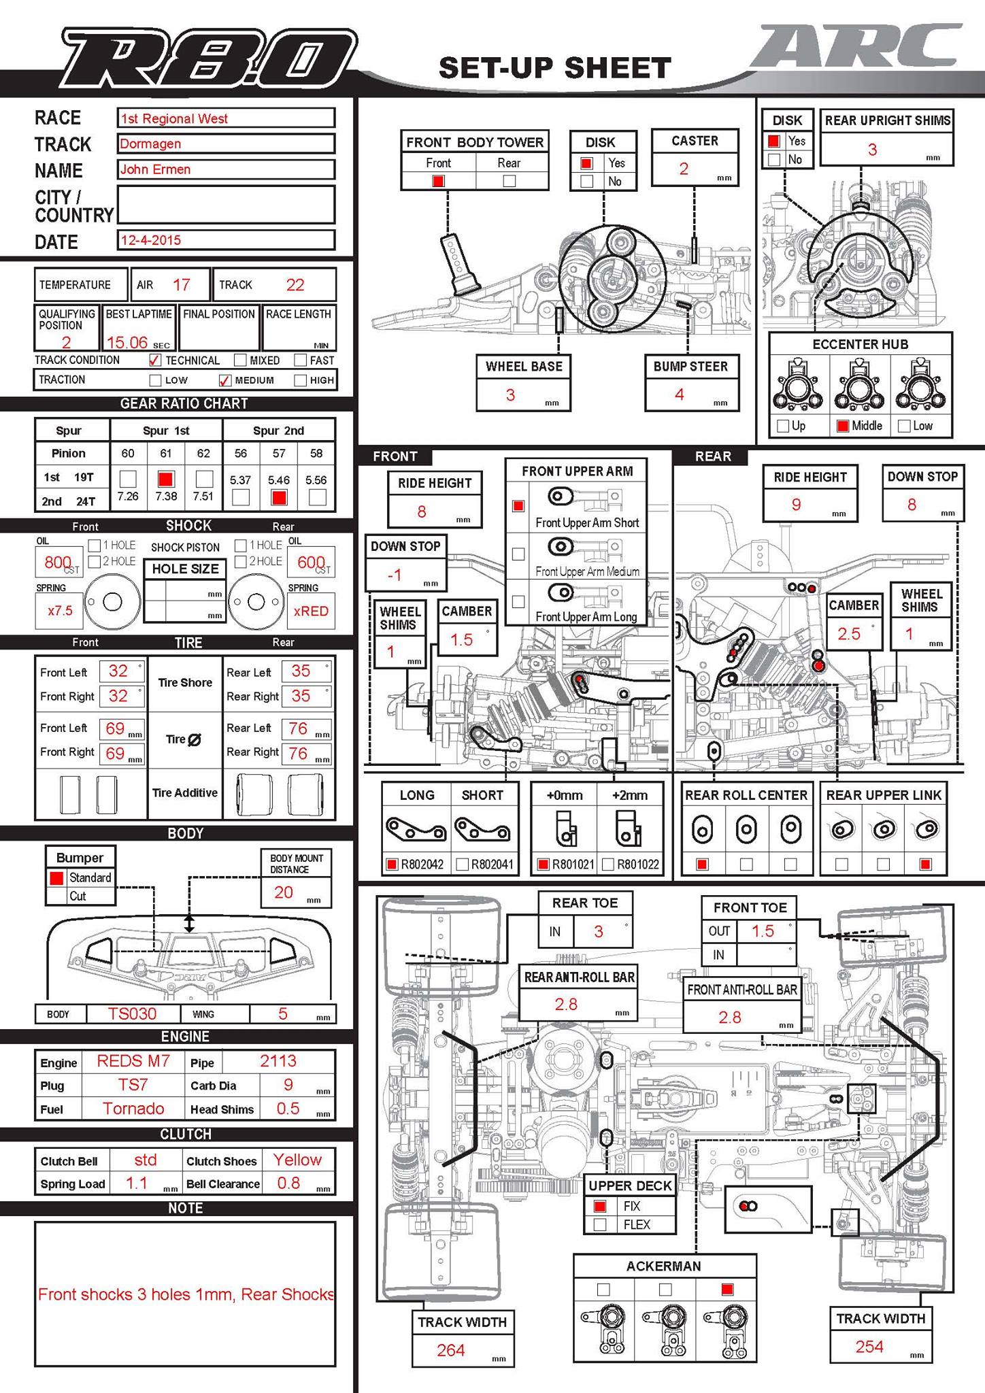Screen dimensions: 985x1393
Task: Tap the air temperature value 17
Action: coord(182,285)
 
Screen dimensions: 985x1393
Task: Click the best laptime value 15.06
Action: coord(127,342)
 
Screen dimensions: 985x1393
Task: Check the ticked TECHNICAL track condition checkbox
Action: coord(155,360)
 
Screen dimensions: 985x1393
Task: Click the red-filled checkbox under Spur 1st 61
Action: coord(166,479)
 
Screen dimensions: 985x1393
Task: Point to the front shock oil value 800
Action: coord(58,562)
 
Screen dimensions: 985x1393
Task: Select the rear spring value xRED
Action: coord(311,611)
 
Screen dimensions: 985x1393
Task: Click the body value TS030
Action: coord(132,1013)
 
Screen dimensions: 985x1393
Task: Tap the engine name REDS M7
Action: coord(133,1061)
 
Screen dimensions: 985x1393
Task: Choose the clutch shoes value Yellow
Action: coord(297,1160)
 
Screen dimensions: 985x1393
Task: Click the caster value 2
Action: coord(684,169)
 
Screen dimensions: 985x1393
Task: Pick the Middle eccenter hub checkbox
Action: coord(842,426)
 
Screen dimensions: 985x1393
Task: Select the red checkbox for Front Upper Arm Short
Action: coord(518,506)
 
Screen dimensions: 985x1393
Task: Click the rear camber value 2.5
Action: coord(849,634)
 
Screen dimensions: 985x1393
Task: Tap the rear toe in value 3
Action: coord(599,931)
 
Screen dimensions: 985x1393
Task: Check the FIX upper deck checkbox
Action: coord(600,1206)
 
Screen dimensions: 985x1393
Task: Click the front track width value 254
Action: coord(869,1346)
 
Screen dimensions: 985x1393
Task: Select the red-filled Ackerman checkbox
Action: coord(727,1289)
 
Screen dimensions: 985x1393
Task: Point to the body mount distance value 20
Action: coord(284,892)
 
